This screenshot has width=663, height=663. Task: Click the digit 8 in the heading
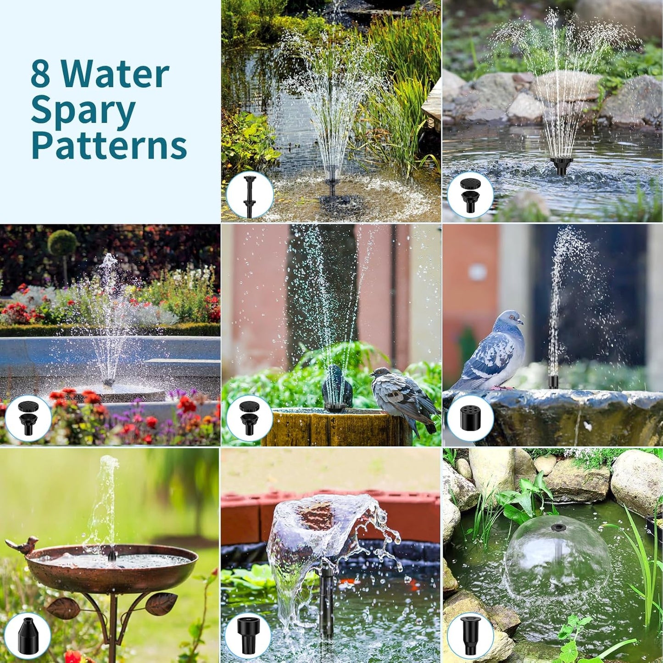pos(40,75)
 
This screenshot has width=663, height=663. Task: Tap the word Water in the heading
pos(115,75)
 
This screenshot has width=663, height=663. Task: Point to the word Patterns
pos(109,146)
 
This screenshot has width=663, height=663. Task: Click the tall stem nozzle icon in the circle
pos(250,195)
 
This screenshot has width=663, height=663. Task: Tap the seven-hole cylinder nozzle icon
pos(470,418)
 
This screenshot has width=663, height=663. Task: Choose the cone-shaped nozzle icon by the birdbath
pos(28,635)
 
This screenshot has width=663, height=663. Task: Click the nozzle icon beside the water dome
pos(470,635)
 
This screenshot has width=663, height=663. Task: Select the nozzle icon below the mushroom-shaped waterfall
pos(248,635)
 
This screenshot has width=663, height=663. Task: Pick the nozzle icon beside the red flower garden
pos(28,418)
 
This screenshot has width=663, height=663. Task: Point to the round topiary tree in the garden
pos(62,243)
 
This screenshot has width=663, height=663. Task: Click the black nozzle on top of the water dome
pos(558,527)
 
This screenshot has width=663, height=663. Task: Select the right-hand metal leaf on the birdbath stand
pos(162,603)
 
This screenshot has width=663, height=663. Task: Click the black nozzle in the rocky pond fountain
pos(561,166)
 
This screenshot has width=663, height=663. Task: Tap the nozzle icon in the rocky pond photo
pos(470,195)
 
